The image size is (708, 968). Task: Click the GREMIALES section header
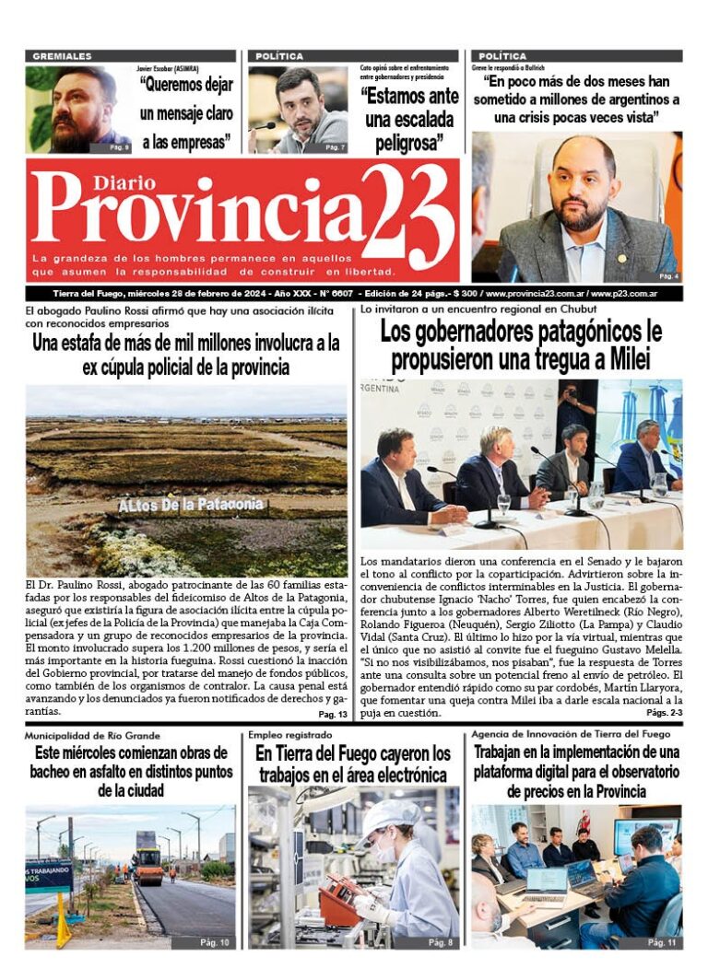click(62, 56)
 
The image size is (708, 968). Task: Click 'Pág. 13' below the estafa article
click(333, 715)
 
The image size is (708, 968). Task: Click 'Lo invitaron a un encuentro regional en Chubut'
click(460, 309)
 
